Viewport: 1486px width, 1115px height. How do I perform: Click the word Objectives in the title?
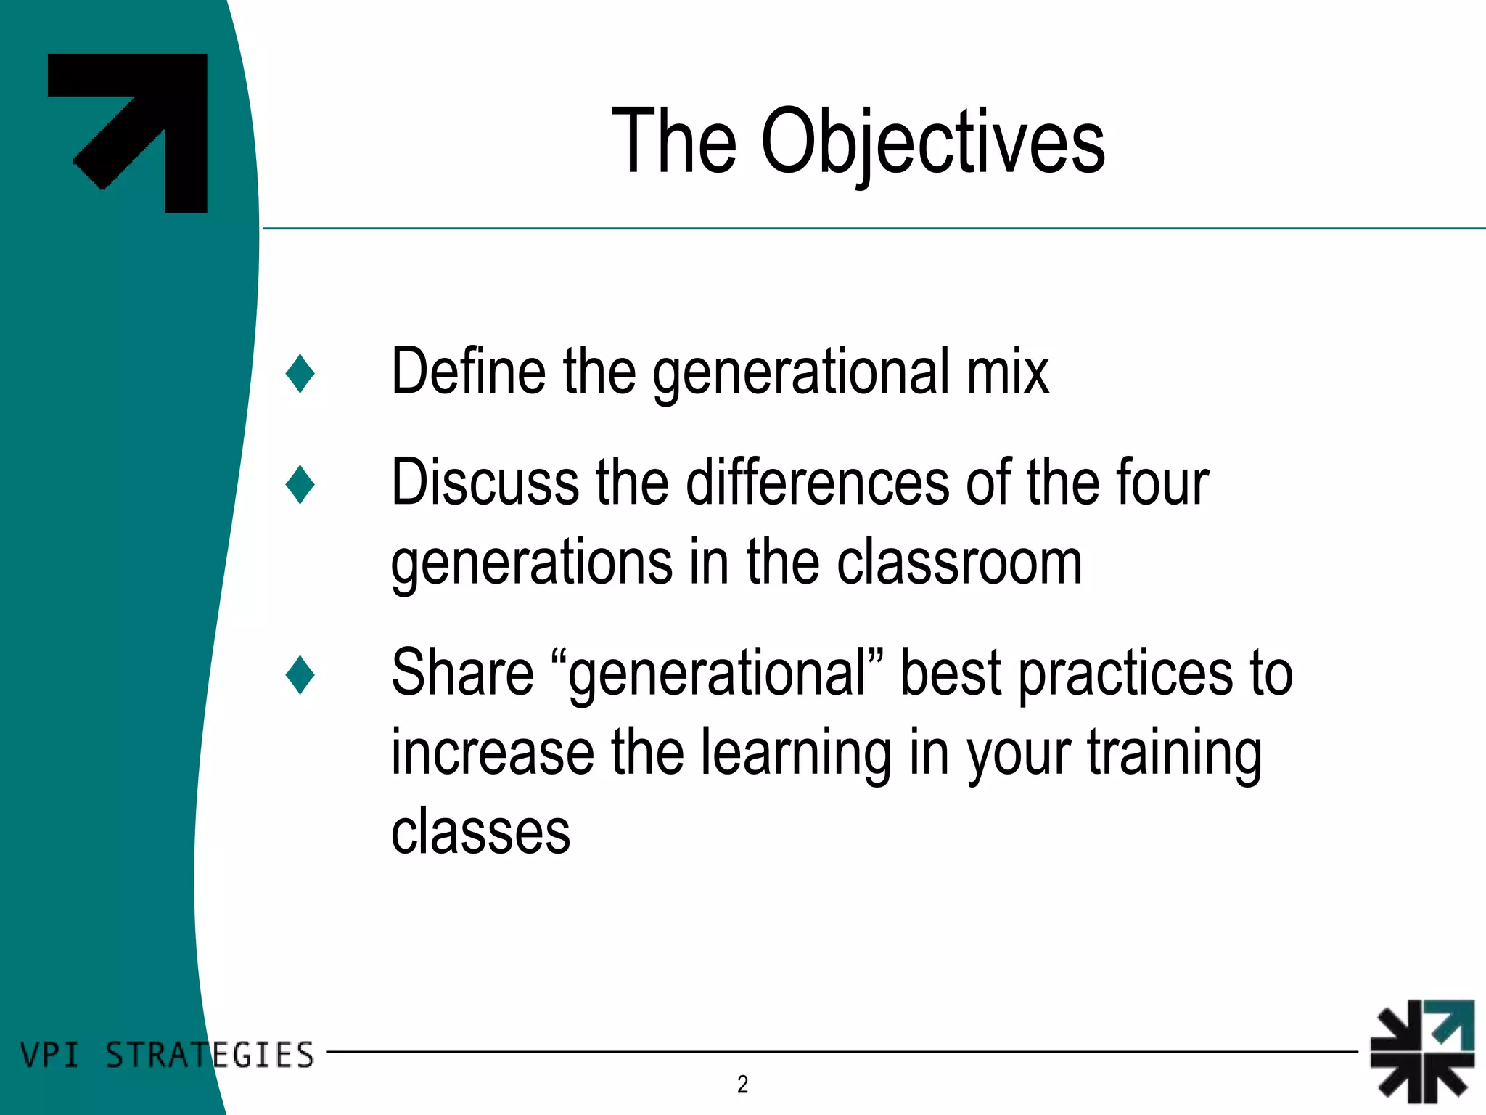click(x=932, y=142)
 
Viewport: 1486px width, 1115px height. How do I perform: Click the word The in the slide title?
click(x=674, y=142)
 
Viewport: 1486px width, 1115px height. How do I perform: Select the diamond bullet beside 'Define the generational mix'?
click(x=300, y=374)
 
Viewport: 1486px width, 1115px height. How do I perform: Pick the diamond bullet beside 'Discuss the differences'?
click(x=300, y=484)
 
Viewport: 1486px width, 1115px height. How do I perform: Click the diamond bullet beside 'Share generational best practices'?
click(x=300, y=674)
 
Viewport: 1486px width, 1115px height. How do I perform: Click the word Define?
click(x=468, y=372)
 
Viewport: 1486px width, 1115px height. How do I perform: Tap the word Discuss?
click(x=485, y=483)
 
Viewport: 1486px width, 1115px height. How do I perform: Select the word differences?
click(x=817, y=483)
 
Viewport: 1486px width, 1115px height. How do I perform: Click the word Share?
click(x=462, y=673)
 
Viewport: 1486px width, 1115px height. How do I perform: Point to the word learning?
click(x=796, y=755)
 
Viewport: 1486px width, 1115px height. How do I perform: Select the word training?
click(x=1174, y=755)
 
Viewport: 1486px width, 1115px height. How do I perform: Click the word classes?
click(x=480, y=833)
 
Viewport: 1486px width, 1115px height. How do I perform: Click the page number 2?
click(x=742, y=1085)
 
